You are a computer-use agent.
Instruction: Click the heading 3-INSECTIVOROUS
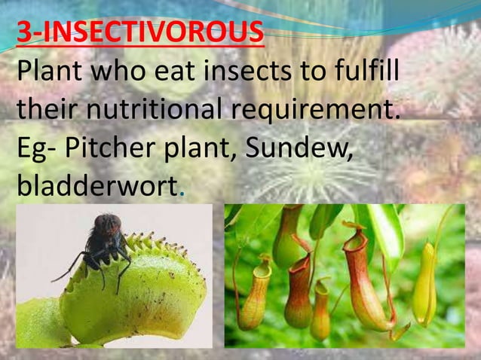click(140, 35)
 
